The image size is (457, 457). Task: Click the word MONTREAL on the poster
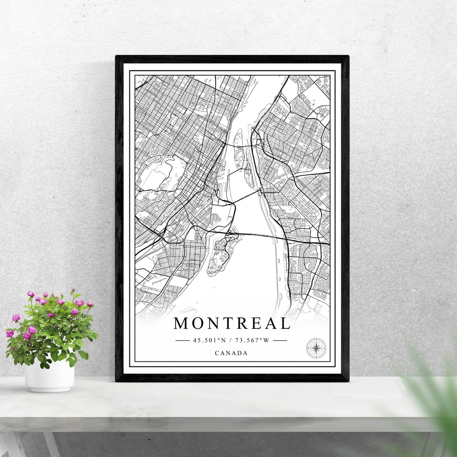point(231,324)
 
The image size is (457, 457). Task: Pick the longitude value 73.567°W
point(252,340)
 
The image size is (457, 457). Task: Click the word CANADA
point(231,353)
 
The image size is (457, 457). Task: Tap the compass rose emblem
point(316,348)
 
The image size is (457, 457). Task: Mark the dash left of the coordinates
point(182,340)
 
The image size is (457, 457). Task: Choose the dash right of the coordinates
point(280,340)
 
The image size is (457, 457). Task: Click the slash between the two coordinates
point(231,340)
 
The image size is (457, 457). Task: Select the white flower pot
point(50,376)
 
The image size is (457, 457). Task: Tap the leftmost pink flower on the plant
point(9,333)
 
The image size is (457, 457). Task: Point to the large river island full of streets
point(222,254)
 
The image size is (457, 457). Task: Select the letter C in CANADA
point(217,353)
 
